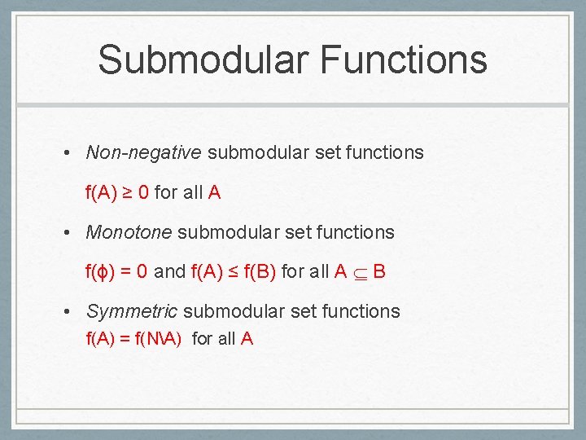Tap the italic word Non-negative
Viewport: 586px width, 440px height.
click(143, 152)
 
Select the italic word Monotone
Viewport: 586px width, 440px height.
click(129, 232)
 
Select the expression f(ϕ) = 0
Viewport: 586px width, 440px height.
click(116, 272)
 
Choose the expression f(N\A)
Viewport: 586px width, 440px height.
click(160, 339)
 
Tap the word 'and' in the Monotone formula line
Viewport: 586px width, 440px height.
click(169, 272)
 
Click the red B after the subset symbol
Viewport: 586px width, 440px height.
click(379, 272)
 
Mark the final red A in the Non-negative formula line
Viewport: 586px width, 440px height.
click(214, 193)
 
